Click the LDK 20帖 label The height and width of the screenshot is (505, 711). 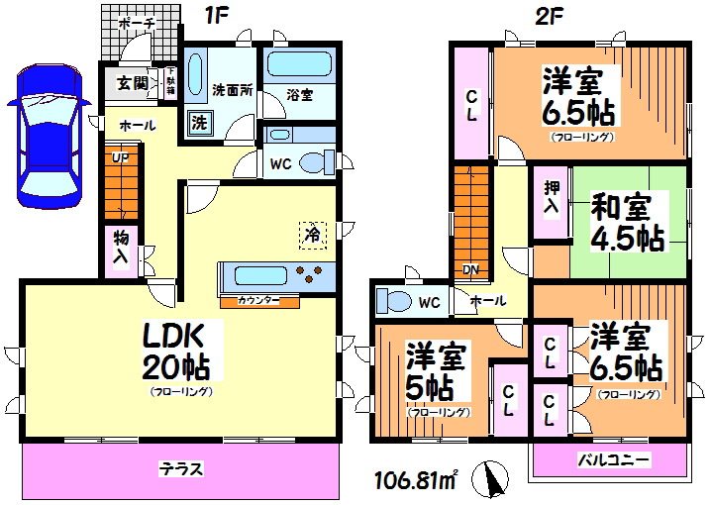point(179,352)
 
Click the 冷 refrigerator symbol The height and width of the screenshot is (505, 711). point(313,235)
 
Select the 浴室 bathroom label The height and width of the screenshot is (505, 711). point(300,95)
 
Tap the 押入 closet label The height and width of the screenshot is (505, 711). point(550,206)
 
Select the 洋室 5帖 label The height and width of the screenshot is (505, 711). point(437,369)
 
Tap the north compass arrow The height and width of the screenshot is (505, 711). point(490,481)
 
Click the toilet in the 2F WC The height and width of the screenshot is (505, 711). point(397,300)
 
